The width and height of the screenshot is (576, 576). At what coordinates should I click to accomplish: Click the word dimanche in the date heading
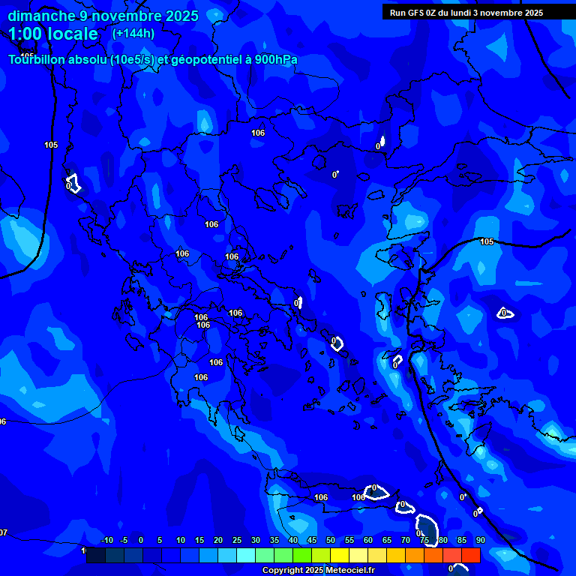[40, 16]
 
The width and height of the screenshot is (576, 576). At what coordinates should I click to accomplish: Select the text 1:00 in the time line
[28, 34]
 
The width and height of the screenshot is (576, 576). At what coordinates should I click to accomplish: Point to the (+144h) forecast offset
[133, 33]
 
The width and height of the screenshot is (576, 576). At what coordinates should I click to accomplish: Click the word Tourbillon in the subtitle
[37, 60]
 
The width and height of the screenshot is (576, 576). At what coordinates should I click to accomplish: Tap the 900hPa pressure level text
[274, 60]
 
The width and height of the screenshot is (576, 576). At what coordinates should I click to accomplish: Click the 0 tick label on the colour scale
[141, 540]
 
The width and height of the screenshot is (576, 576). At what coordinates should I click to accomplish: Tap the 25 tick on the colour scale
[237, 540]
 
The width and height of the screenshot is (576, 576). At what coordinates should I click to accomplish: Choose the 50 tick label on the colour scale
[331, 540]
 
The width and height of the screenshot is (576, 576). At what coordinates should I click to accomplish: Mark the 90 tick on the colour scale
[481, 540]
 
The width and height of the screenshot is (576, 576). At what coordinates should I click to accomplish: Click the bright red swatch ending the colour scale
[471, 555]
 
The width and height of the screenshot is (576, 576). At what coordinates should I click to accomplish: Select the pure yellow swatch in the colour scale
[340, 555]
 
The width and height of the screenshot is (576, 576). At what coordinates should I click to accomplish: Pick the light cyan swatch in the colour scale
[246, 555]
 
